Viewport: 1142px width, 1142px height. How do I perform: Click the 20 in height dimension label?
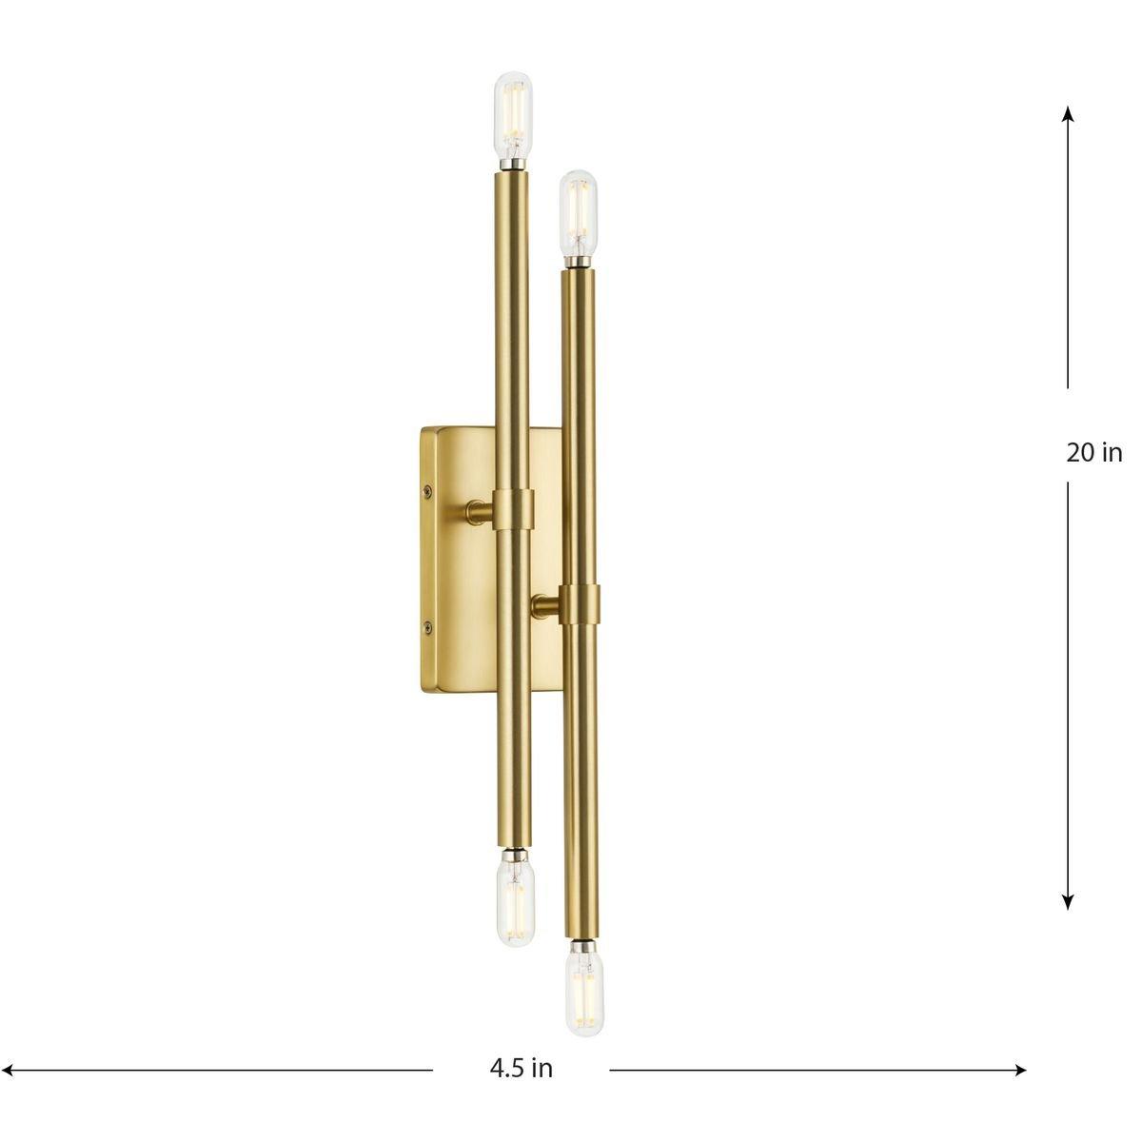(1093, 453)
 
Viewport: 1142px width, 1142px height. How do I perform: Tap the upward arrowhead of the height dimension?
(1068, 112)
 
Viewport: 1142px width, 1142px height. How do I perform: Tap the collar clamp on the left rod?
(513, 511)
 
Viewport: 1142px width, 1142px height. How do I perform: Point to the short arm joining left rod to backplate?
(479, 514)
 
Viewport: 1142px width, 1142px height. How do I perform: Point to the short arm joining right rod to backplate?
(546, 603)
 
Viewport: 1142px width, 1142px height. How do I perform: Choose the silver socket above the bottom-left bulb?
(515, 853)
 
